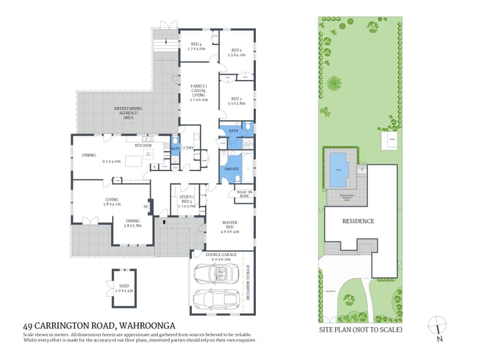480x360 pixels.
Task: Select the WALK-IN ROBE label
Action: click(244, 193)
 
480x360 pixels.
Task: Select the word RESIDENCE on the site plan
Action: click(359, 221)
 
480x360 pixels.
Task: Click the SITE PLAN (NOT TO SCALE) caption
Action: click(361, 328)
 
